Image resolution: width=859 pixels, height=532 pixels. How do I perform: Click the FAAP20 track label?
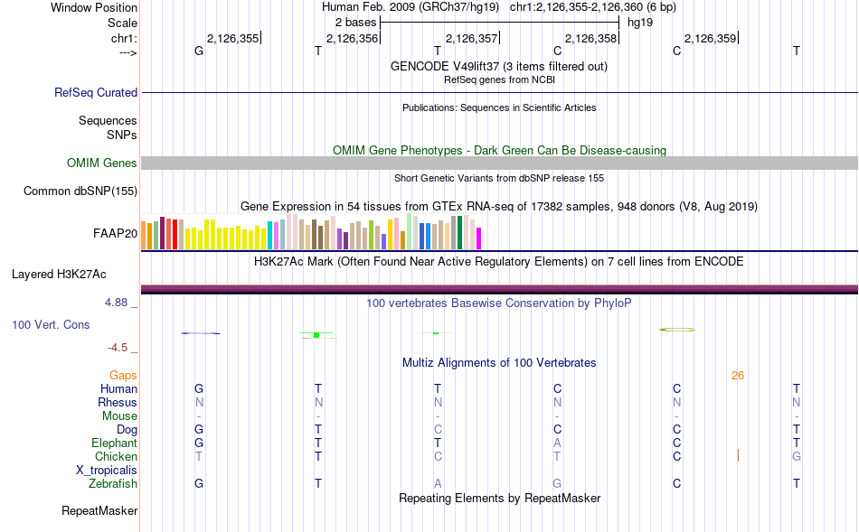[115, 233]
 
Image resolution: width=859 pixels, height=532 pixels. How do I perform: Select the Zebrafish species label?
[113, 484]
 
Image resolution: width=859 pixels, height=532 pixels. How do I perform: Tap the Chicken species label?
[116, 457]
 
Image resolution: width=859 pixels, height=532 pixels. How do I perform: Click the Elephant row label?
[114, 443]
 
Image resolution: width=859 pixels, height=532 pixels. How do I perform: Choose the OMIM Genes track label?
[102, 163]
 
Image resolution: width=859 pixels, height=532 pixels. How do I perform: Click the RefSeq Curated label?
[96, 92]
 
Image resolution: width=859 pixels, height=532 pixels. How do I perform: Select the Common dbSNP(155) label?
[80, 191]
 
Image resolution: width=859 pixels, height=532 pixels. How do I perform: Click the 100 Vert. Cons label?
[52, 324]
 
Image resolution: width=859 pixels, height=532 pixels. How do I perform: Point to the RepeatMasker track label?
[99, 511]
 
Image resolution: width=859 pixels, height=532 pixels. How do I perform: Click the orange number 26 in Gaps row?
[738, 376]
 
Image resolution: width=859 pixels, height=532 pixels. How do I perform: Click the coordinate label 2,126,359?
[711, 38]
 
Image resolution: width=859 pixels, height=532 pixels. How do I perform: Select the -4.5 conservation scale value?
[118, 348]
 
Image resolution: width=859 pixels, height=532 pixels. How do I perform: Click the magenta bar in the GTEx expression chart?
[479, 238]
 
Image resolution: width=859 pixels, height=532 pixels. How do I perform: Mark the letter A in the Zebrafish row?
[438, 484]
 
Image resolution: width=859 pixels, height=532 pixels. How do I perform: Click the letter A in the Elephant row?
[558, 443]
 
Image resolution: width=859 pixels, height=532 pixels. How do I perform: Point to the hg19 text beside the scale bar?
[640, 22]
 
